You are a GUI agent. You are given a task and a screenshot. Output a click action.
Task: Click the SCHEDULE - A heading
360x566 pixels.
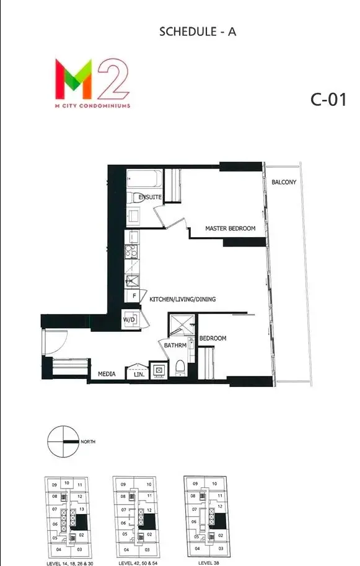(198, 32)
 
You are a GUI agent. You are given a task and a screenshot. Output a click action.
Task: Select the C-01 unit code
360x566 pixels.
(328, 100)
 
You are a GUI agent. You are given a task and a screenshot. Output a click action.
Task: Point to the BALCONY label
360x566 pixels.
(284, 182)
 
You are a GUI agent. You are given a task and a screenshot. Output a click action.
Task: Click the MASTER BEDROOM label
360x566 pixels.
(230, 229)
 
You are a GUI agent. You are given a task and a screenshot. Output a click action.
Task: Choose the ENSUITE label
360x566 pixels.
(150, 197)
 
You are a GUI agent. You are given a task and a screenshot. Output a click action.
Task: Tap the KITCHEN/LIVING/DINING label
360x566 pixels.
(182, 299)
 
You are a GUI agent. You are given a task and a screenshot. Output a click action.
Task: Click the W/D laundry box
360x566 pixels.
(130, 320)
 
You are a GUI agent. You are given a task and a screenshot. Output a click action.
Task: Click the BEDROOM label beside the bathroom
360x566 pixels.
(213, 338)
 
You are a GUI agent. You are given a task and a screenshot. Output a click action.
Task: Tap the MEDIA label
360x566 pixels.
(107, 374)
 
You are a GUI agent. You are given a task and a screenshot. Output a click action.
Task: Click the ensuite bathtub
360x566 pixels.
(144, 180)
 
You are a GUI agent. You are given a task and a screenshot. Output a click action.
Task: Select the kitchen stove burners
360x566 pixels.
(131, 251)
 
